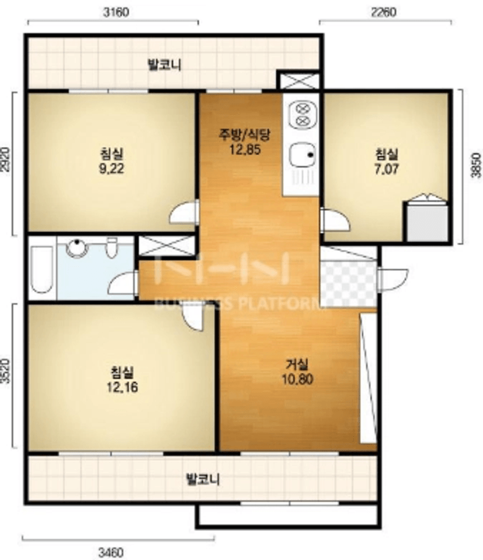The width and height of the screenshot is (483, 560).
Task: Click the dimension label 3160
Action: [116, 12]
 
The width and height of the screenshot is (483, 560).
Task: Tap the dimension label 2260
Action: [384, 12]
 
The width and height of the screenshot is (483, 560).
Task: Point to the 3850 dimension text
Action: [475, 165]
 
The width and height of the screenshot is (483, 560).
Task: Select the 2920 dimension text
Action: [5, 159]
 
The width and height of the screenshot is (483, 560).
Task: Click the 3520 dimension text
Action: [5, 371]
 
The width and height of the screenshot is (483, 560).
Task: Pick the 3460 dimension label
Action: [111, 553]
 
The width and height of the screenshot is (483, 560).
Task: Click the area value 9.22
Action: [112, 168]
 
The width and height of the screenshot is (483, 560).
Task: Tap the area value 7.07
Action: [387, 168]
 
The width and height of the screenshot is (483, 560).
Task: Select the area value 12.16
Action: [122, 387]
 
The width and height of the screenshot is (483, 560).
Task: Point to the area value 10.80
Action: [298, 378]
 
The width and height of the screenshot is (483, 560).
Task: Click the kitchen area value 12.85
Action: [245, 149]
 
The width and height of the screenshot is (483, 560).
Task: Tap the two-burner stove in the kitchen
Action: [303, 113]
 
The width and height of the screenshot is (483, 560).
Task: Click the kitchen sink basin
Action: [303, 155]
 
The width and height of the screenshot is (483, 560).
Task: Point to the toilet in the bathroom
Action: [112, 248]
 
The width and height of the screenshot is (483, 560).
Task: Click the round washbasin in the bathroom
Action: [77, 247]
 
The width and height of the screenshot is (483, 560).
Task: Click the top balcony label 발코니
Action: [164, 65]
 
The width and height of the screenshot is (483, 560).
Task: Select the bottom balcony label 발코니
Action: [203, 479]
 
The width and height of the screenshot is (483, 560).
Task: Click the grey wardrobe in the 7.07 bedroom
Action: [428, 221]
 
